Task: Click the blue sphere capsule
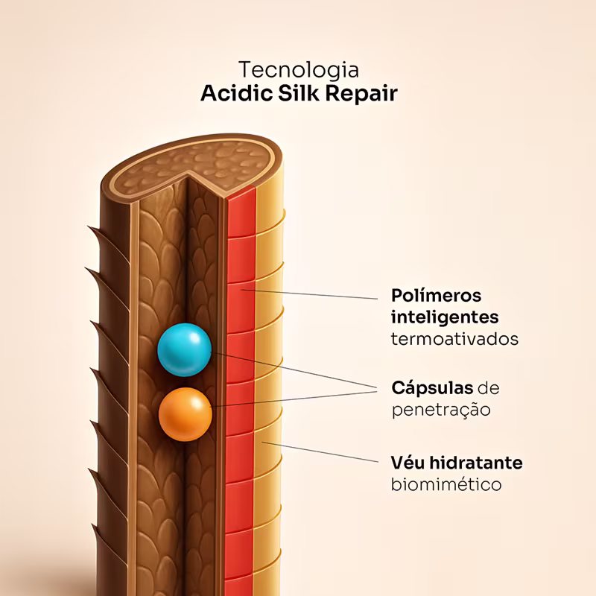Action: tap(184, 350)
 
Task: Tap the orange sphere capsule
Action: tap(186, 413)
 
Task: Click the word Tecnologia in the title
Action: tap(298, 70)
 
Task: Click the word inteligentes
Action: tap(445, 317)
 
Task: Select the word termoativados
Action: tap(454, 338)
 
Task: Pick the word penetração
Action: tap(440, 410)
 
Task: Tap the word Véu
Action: tap(408, 463)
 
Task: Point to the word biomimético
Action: tap(446, 484)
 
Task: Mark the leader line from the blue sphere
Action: tap(298, 372)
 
